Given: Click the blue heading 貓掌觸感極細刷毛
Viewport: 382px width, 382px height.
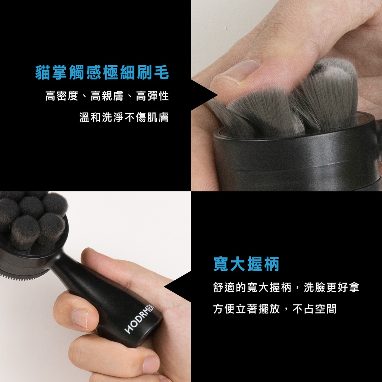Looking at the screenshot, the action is [x=102, y=73].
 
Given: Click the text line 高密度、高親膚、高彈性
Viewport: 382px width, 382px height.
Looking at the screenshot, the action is [x=107, y=96].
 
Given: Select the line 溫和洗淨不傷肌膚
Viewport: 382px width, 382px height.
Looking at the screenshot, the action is [x=124, y=117].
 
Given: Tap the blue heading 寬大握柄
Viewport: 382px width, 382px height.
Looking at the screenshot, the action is [x=246, y=264].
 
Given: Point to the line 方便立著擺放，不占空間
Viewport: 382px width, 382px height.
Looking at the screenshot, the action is [x=275, y=309].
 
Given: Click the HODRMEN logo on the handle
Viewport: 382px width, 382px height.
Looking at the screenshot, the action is [x=140, y=319].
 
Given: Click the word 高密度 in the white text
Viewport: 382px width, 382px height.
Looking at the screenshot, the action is [x=62, y=96].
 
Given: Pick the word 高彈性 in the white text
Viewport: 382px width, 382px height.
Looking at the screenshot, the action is [x=152, y=96].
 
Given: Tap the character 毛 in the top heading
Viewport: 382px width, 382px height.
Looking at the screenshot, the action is [x=162, y=73].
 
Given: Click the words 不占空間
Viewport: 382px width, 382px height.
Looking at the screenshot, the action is [x=314, y=309].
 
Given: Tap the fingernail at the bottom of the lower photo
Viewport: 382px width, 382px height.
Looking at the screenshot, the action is [x=151, y=364].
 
